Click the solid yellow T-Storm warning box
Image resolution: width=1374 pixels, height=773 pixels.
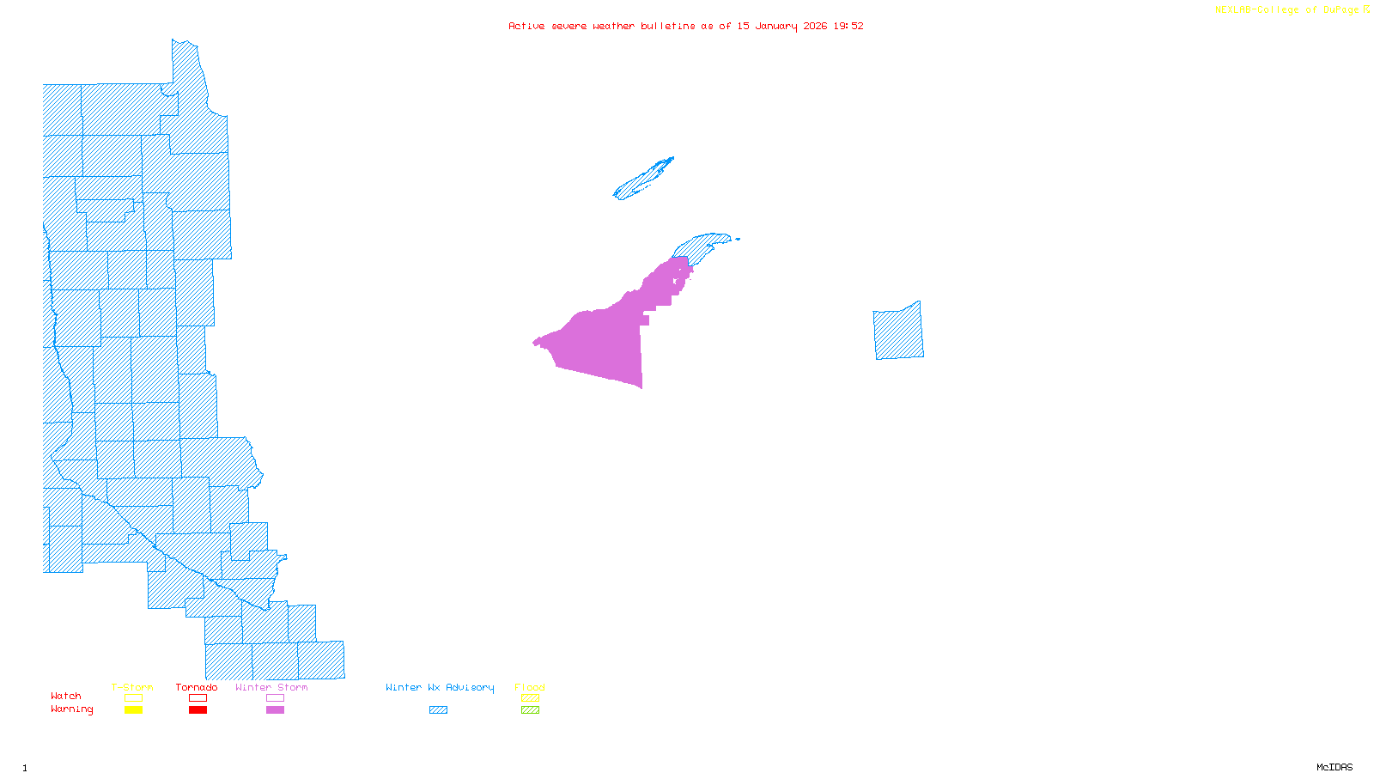(x=133, y=710)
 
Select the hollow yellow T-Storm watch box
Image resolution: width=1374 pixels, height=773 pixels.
(x=133, y=698)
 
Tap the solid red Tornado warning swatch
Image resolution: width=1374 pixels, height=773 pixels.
(x=198, y=710)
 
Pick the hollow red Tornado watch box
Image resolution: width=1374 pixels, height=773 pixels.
(x=198, y=698)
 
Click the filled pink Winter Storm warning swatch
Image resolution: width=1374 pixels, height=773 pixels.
(x=275, y=710)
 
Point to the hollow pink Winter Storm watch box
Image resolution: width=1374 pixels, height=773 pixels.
(x=275, y=698)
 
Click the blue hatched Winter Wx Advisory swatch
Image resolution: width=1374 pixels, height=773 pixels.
(x=438, y=710)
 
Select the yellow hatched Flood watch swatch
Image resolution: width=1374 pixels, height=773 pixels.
(x=530, y=698)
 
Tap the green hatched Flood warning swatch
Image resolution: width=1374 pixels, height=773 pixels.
(x=530, y=710)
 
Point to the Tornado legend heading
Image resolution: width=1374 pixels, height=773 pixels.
(x=197, y=687)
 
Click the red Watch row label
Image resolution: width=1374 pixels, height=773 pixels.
(x=66, y=696)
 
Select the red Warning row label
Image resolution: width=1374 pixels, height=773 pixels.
(x=71, y=709)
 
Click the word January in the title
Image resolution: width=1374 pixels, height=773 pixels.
(x=776, y=26)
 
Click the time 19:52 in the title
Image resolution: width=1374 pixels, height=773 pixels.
(x=848, y=26)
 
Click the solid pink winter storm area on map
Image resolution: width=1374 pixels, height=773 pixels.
(x=601, y=344)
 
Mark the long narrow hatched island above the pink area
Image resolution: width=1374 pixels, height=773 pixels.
(x=642, y=180)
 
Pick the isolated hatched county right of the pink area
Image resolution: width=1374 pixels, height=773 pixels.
(x=898, y=332)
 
